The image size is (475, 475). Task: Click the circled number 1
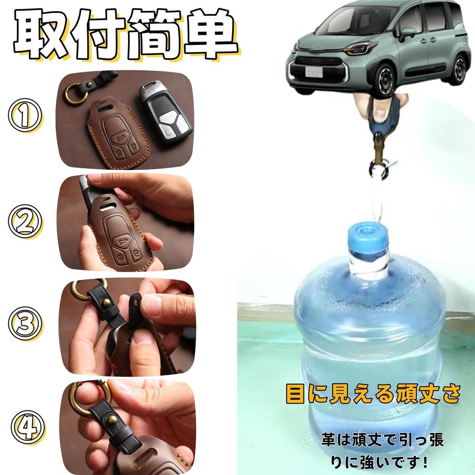pos(26,116)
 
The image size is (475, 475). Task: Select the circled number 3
pos(26,324)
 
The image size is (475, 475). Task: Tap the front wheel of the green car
pos(385,79)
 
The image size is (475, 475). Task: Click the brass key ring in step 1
pos(75,92)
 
